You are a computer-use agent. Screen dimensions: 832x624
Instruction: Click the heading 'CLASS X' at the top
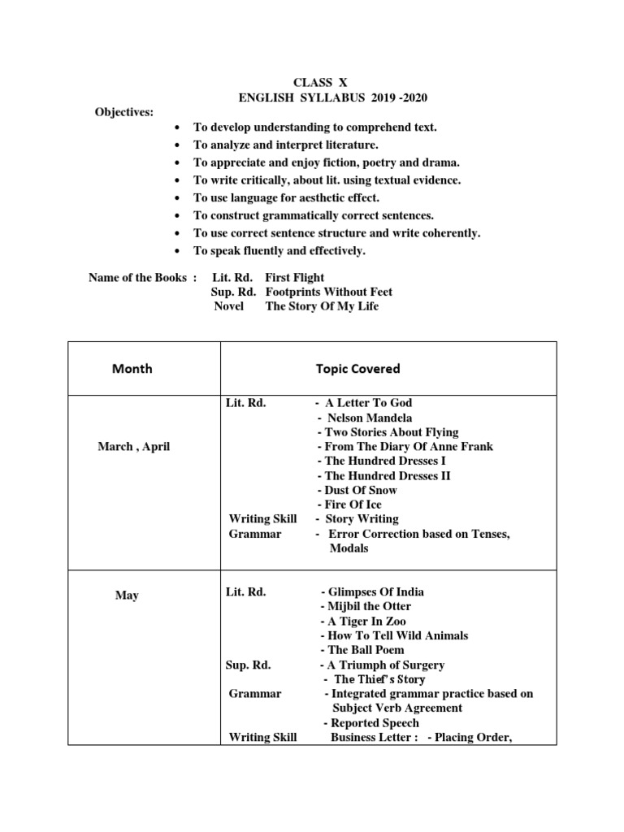313,83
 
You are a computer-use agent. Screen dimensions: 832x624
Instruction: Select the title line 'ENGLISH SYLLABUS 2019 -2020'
332,97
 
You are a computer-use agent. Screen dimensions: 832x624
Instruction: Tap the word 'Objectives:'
124,111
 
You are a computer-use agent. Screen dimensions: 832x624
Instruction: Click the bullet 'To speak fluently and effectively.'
279,250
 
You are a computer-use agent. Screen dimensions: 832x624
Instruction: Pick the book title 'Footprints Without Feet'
328,292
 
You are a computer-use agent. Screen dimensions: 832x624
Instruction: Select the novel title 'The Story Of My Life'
322,306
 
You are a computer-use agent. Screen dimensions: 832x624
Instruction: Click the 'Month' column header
132,368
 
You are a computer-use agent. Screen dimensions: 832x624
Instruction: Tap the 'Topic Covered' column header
357,368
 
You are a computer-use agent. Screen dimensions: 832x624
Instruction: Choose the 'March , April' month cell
133,447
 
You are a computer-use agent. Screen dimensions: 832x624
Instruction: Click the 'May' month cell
127,596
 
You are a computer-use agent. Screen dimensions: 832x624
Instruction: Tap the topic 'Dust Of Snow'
361,490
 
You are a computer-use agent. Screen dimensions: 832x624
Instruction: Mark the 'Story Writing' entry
362,518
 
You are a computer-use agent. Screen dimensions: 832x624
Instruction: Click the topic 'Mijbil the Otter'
369,606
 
